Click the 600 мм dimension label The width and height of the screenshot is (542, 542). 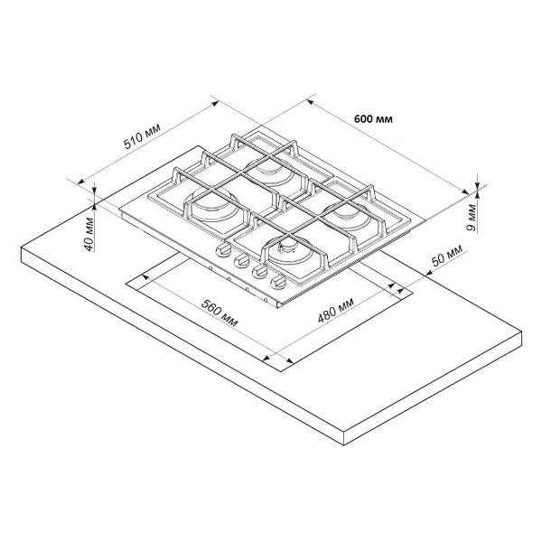(x=373, y=119)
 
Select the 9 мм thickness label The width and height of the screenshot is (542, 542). (x=472, y=218)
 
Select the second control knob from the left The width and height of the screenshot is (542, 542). (x=241, y=260)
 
